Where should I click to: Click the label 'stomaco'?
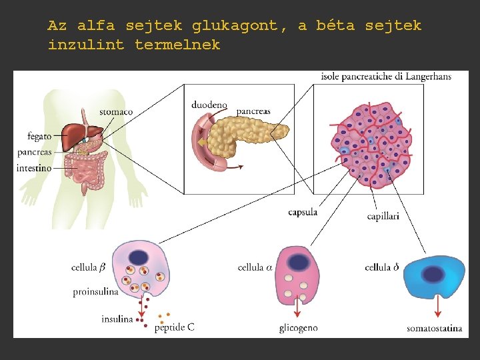click(x=116, y=111)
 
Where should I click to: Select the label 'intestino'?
click(x=34, y=169)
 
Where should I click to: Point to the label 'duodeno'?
click(x=209, y=105)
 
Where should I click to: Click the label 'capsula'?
click(x=303, y=213)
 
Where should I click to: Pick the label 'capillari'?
click(x=383, y=217)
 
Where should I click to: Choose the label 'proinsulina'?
click(x=96, y=292)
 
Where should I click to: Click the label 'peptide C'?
click(x=175, y=327)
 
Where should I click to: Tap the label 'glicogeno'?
click(x=299, y=328)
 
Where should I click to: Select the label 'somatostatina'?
click(x=433, y=329)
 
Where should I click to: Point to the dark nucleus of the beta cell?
click(x=139, y=258)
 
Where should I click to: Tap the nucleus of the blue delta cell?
click(x=434, y=274)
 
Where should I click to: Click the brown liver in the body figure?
click(x=79, y=133)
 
